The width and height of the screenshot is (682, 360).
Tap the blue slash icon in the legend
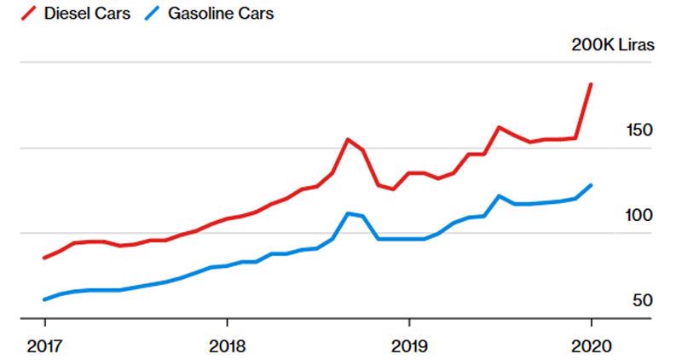(154, 14)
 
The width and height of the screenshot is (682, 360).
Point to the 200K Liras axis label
(612, 45)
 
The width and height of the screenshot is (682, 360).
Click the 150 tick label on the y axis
(639, 131)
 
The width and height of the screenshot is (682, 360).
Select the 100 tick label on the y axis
(639, 216)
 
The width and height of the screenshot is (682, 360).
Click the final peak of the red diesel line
(591, 84)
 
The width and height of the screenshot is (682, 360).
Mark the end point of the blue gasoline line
(591, 185)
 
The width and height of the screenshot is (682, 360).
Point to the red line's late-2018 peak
(348, 139)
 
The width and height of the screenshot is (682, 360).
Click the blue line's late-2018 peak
(348, 213)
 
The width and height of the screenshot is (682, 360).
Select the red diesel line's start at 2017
(44, 258)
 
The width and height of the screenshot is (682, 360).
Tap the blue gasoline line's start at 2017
(44, 299)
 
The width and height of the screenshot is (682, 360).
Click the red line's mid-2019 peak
(500, 128)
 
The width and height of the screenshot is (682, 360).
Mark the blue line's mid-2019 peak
(500, 196)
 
